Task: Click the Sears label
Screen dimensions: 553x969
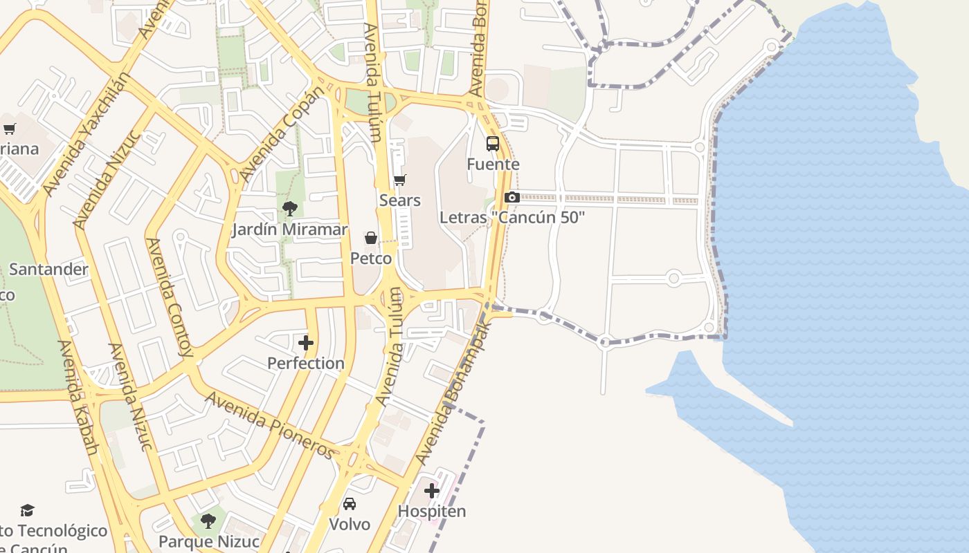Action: tap(400, 200)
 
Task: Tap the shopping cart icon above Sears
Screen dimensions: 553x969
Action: tap(399, 180)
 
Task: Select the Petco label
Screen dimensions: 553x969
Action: tap(371, 259)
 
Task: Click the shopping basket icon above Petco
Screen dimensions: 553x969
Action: tap(371, 238)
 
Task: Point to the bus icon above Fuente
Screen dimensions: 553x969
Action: tap(493, 144)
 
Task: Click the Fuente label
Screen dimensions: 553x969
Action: tap(493, 165)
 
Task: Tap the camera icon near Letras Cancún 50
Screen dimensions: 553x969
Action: tap(511, 198)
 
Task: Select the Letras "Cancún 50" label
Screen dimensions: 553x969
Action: tap(512, 217)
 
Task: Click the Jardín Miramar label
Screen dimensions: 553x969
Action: tap(289, 229)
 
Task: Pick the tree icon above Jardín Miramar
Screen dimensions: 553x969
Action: tap(289, 208)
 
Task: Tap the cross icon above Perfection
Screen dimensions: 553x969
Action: tap(305, 343)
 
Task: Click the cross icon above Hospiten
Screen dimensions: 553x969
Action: tap(432, 491)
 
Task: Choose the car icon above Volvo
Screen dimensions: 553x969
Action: tap(350, 504)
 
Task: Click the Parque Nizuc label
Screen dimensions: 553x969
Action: tap(209, 541)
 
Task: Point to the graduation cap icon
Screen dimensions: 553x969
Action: tap(27, 510)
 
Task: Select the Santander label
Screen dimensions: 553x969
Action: tap(48, 269)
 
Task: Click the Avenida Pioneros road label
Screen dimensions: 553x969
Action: tap(271, 424)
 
